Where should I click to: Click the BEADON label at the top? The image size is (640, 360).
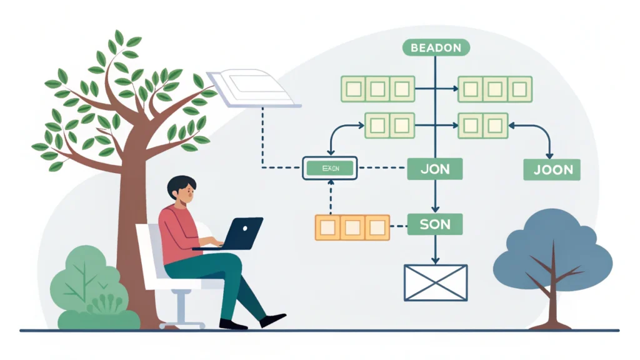point(436,47)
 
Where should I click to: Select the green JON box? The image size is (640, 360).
point(436,169)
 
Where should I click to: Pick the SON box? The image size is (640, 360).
point(436,224)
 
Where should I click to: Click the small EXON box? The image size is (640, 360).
point(329,167)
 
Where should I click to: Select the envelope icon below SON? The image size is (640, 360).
point(436,282)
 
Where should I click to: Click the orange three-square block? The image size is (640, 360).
point(352,227)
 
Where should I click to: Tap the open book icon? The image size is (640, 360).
point(251,87)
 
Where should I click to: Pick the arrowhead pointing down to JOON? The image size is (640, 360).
point(549,154)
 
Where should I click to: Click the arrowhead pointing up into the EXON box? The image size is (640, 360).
point(329,181)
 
